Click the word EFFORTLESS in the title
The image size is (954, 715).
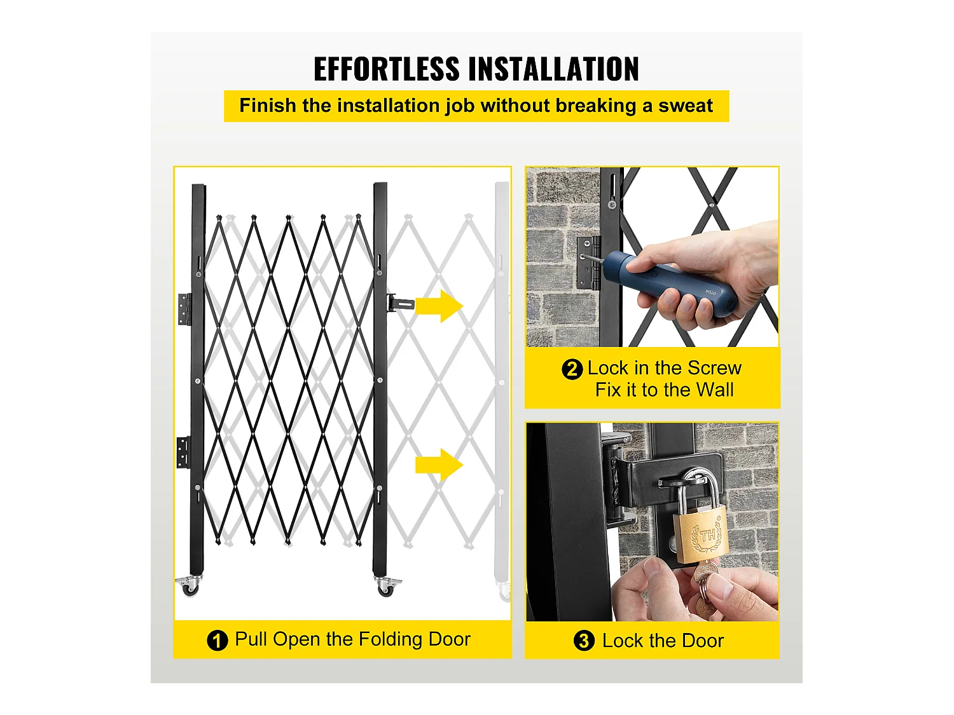pyautogui.click(x=386, y=69)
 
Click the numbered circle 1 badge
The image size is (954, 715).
pyautogui.click(x=217, y=640)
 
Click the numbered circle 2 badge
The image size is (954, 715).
pyautogui.click(x=572, y=369)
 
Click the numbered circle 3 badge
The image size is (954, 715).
pyautogui.click(x=583, y=641)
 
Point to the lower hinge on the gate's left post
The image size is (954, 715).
pyautogui.click(x=183, y=452)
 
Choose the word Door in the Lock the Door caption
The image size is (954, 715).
pyautogui.click(x=702, y=641)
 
